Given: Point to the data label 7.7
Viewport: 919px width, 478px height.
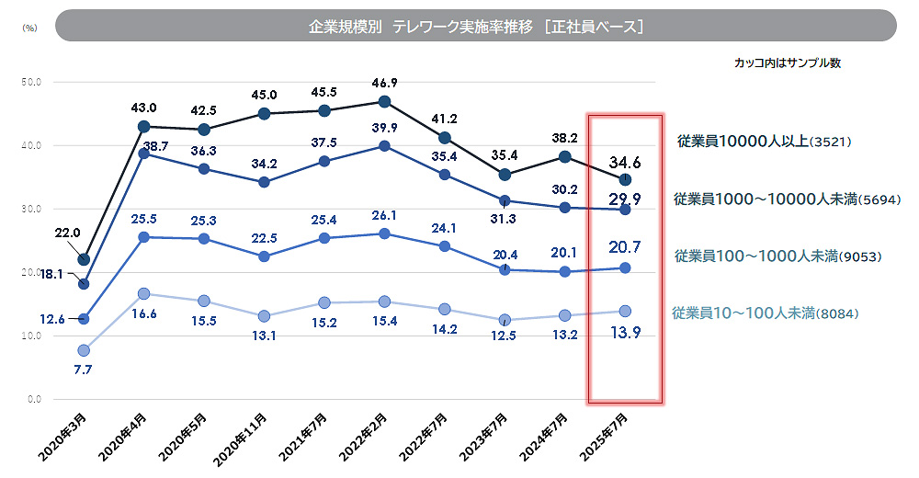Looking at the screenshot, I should [83, 370].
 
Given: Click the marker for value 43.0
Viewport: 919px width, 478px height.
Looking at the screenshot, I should [143, 127].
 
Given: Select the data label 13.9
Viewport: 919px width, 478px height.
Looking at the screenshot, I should [625, 333].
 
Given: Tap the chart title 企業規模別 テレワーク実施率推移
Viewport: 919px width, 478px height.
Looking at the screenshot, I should [475, 27].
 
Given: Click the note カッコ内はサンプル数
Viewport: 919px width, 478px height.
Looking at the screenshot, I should [787, 63].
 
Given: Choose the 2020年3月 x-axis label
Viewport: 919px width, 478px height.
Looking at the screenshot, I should [62, 438].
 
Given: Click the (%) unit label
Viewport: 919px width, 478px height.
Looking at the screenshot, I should [29, 28].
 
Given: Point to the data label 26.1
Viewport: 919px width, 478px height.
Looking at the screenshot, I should [385, 215].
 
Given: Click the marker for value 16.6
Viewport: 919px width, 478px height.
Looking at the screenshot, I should [143, 294].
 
